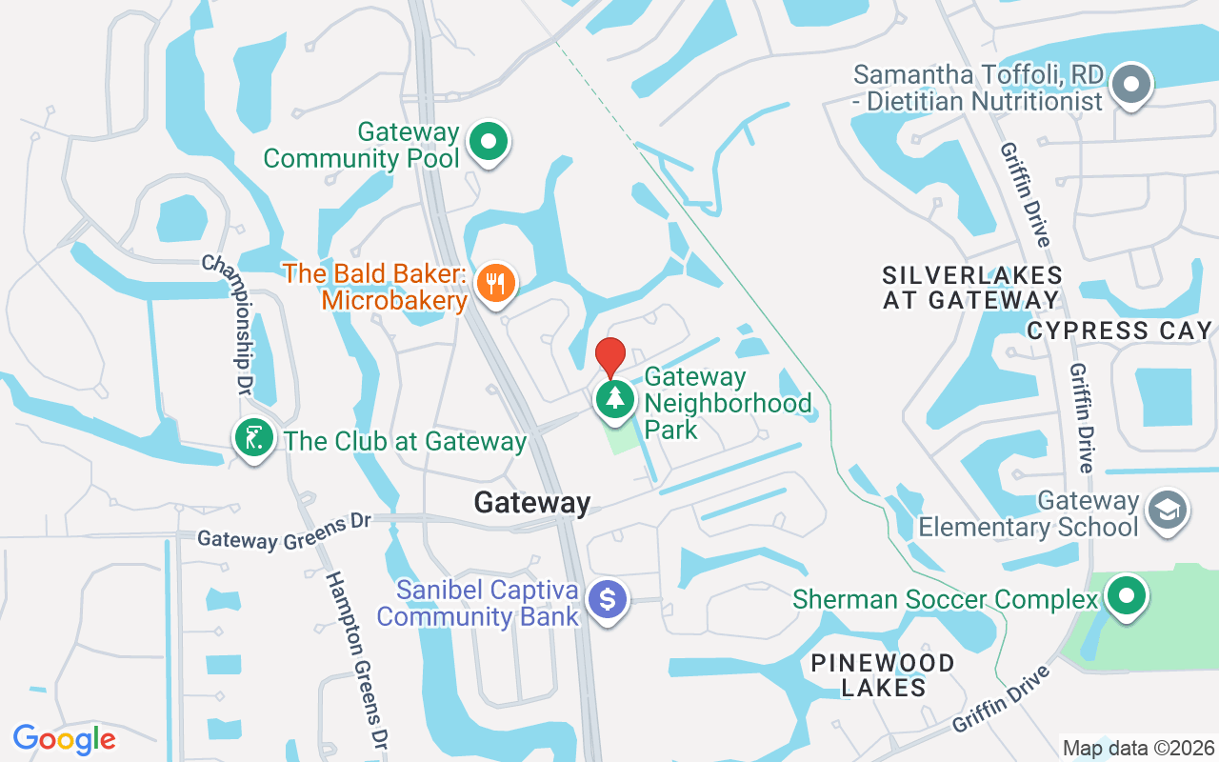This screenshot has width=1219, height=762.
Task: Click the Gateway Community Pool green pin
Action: [489, 142]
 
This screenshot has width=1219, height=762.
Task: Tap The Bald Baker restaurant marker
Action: [495, 283]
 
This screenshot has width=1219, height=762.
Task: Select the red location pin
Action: [609, 356]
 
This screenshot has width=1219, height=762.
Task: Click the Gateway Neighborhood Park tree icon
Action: [615, 398]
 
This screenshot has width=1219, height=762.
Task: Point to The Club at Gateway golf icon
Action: [253, 439]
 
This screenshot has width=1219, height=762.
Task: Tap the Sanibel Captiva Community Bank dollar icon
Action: [608, 600]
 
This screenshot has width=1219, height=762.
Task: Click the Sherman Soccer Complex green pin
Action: [1128, 596]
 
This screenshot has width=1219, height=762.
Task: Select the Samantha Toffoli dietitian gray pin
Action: [1131, 84]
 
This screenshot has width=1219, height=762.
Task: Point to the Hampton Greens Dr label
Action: [357, 656]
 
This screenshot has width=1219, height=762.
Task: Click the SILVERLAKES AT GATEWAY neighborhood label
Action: [971, 287]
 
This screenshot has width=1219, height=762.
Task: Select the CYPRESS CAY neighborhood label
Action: [1119, 331]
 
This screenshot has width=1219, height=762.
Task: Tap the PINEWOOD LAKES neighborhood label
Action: [883, 674]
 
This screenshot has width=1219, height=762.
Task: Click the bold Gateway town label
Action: [532, 502]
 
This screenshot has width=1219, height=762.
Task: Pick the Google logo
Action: [65, 738]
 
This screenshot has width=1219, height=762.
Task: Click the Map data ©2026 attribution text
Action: [1137, 748]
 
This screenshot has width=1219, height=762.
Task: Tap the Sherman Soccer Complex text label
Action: [946, 599]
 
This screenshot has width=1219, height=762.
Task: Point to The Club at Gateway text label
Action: [405, 441]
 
